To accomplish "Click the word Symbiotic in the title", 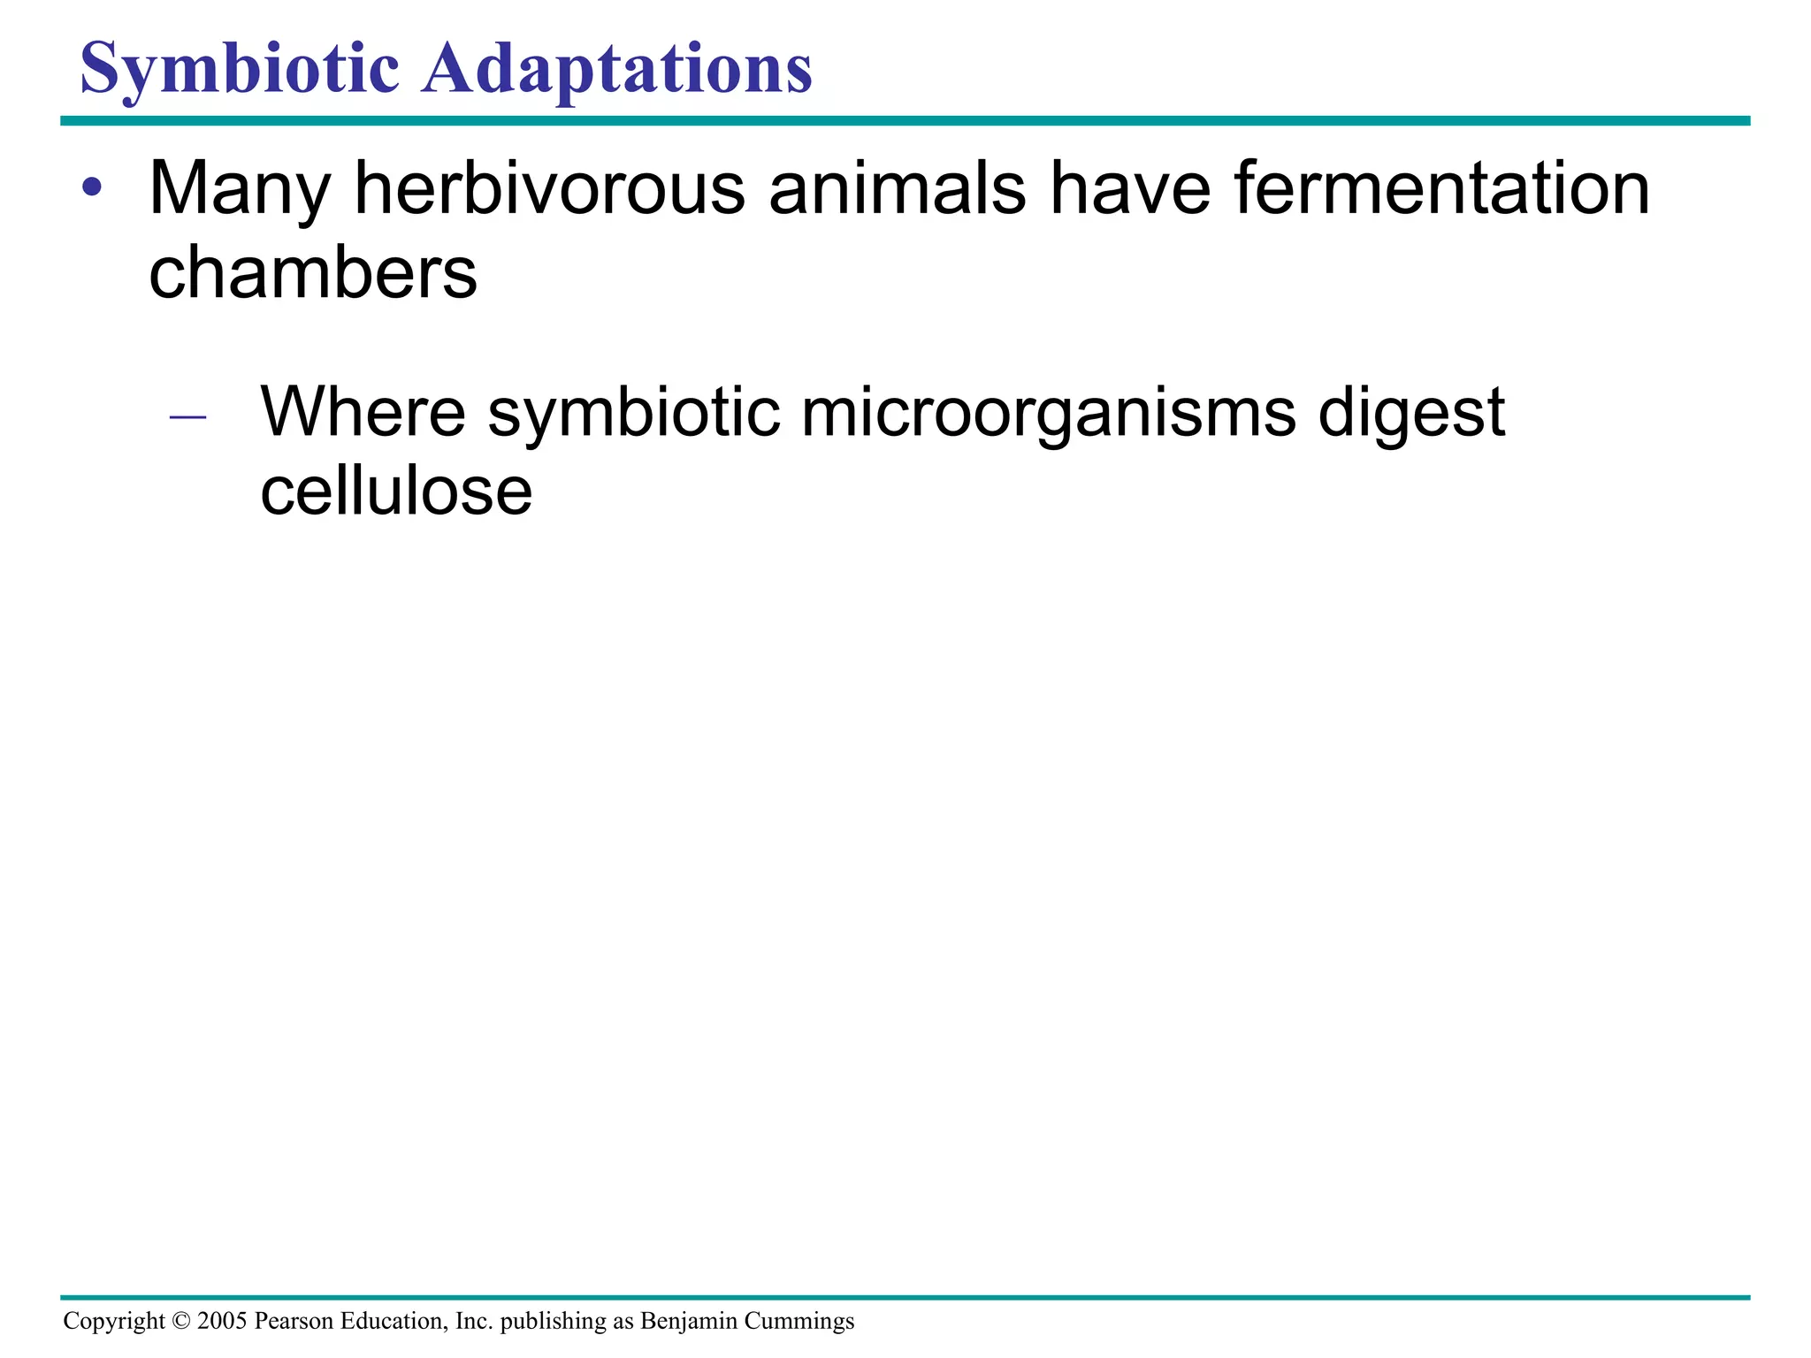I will click(240, 69).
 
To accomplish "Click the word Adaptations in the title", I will click(616, 69).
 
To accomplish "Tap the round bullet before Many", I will click(92, 187).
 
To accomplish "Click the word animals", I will click(898, 187).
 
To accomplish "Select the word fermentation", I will click(1441, 187).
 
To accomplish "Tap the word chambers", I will click(313, 272).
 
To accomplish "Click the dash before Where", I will click(187, 415).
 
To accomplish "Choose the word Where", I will click(363, 412).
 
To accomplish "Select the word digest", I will click(1411, 414).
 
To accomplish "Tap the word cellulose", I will click(396, 492).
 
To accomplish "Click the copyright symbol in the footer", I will click(181, 1321).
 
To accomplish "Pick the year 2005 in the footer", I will click(222, 1321).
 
